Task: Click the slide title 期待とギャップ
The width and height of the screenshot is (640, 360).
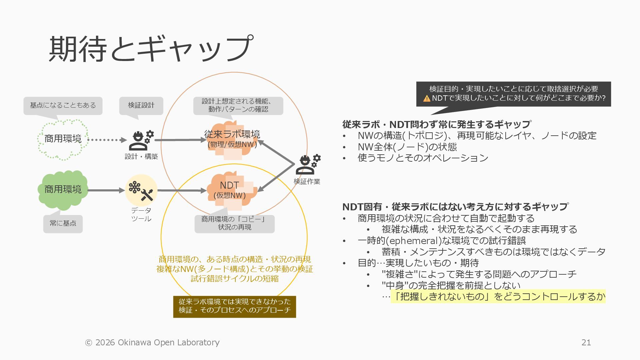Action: [x=151, y=49]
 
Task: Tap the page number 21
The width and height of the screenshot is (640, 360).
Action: [x=586, y=342]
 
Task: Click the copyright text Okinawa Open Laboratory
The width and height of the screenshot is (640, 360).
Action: [x=168, y=342]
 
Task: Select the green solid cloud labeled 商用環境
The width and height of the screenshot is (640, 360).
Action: [x=63, y=189]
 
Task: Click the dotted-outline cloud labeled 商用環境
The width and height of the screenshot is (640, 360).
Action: [x=63, y=139]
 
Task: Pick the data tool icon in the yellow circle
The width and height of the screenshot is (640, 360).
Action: [x=141, y=190]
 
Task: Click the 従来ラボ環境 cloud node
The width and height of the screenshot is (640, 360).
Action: [x=232, y=140]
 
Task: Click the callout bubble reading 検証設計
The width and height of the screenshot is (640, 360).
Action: [x=141, y=105]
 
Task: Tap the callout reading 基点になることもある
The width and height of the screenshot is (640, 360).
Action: [x=63, y=105]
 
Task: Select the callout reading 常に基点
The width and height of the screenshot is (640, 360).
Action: [x=63, y=223]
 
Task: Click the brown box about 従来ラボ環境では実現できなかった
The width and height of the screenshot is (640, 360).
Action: [x=234, y=306]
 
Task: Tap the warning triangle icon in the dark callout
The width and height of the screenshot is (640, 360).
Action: [x=427, y=98]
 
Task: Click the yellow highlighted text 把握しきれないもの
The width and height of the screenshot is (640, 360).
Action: [x=443, y=296]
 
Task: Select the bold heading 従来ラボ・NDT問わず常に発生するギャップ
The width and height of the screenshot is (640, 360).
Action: [x=436, y=124]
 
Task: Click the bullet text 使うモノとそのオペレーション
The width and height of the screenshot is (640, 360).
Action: [x=423, y=158]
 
